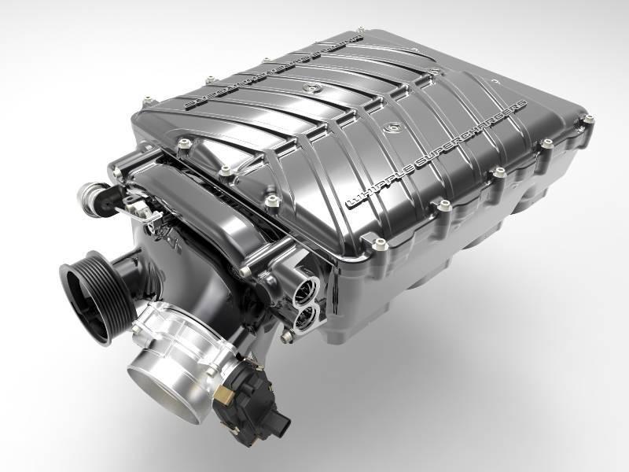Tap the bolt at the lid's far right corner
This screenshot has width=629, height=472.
click(587, 119)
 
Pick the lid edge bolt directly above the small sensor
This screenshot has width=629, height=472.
click(183, 144)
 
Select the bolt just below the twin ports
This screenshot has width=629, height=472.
click(288, 337)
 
